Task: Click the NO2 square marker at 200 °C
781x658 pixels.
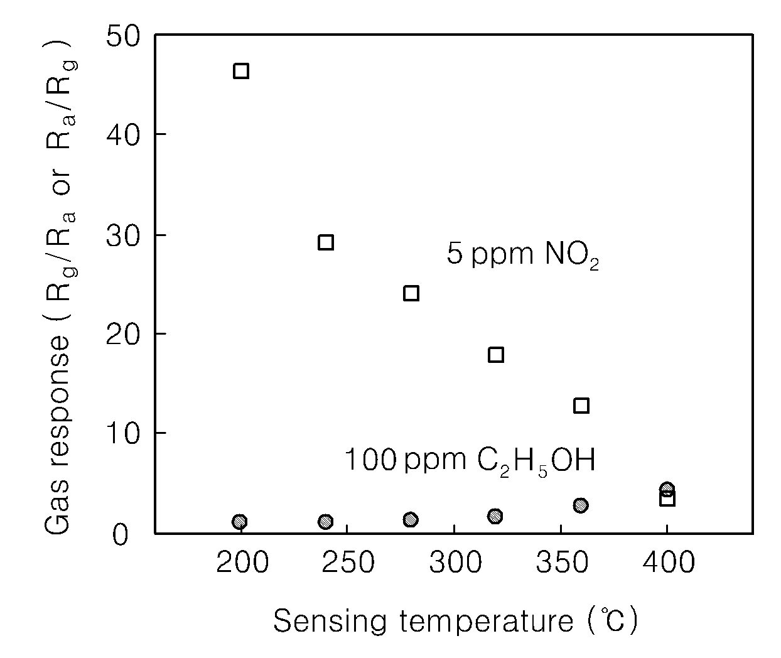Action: (x=241, y=71)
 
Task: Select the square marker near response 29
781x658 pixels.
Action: (x=326, y=242)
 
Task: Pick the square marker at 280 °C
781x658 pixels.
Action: (x=411, y=293)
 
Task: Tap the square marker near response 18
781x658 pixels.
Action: (x=496, y=355)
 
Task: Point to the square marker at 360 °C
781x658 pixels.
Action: (x=581, y=406)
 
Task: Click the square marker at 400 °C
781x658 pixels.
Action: (x=667, y=499)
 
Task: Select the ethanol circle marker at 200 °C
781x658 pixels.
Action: (x=240, y=521)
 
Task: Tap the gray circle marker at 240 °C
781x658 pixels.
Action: (x=325, y=521)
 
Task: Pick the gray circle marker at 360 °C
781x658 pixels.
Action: (x=581, y=505)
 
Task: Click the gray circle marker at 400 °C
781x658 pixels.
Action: (x=667, y=488)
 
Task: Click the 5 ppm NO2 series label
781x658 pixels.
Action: (x=522, y=254)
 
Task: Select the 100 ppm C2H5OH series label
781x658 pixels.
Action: (x=470, y=461)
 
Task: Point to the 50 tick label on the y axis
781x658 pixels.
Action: (x=123, y=36)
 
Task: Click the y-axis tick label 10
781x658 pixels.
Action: (x=123, y=433)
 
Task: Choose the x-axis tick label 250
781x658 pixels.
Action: (x=348, y=562)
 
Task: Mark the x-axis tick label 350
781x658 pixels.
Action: (x=562, y=562)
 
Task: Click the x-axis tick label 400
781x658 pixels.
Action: (x=669, y=562)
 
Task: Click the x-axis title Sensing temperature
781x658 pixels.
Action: (x=423, y=622)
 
